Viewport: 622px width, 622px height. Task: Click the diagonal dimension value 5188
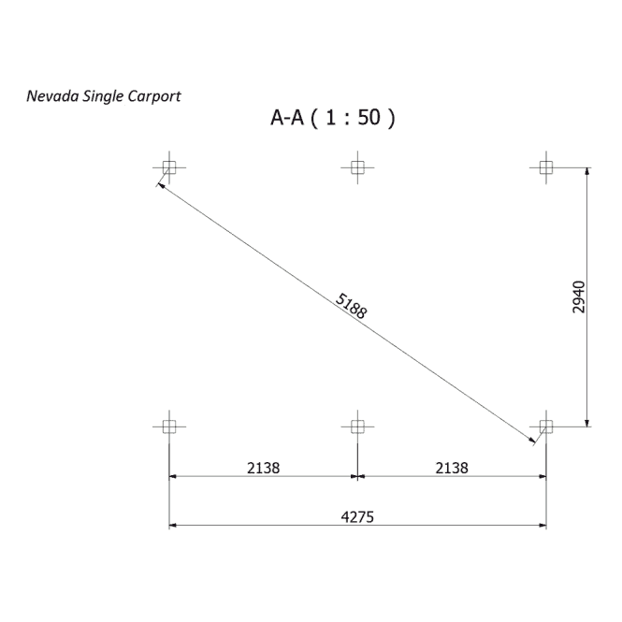coord(352,306)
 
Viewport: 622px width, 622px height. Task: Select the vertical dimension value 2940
coord(579,297)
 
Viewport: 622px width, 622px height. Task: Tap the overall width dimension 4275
coord(357,517)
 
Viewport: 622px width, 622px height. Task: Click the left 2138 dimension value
coord(264,468)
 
